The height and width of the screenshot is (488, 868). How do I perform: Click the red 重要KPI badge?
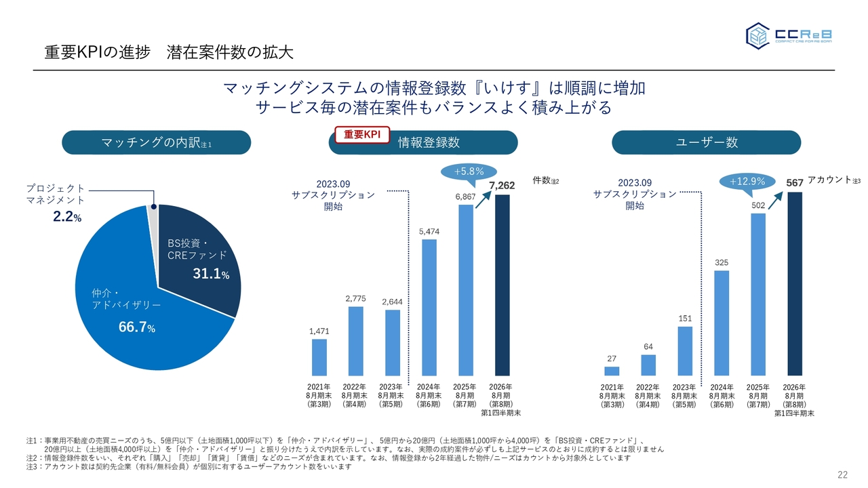coord(362,135)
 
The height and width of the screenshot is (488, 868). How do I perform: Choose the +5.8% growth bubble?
coord(468,171)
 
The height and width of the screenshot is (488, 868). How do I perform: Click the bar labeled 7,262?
coord(502,285)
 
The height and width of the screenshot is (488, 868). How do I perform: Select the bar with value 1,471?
coord(319,357)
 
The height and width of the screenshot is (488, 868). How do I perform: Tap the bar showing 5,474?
coord(429,307)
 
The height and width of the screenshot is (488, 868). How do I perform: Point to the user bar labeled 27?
coord(612,371)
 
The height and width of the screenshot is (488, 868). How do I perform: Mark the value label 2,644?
coord(392,300)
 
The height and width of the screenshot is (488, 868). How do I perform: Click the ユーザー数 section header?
coord(707,142)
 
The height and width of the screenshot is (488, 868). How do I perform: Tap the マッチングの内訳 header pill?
coord(156,142)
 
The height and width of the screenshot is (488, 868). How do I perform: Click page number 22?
coord(843,474)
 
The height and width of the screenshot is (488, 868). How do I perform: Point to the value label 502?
coord(758,204)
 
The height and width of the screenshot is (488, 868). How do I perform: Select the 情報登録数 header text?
coord(429,142)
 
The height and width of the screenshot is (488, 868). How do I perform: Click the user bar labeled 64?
coord(648,365)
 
